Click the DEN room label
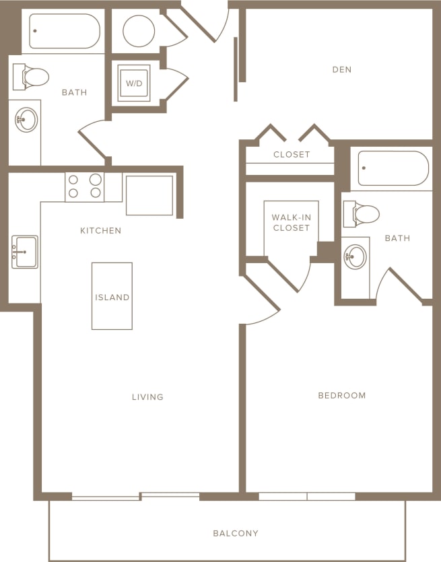click(x=342, y=69)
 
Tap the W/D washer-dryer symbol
click(x=133, y=83)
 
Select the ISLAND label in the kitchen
click(x=112, y=297)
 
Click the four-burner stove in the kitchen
click(x=84, y=186)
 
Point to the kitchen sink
click(x=26, y=252)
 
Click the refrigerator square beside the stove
click(x=149, y=195)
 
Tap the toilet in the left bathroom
click(x=31, y=77)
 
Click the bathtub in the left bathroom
click(x=65, y=32)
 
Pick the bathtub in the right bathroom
click(x=393, y=168)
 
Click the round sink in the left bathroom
click(x=26, y=120)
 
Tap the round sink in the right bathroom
click(x=355, y=256)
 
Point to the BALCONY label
click(x=236, y=533)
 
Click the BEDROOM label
click(x=342, y=395)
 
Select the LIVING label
click(x=147, y=397)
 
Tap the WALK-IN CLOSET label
click(x=291, y=223)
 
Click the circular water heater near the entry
click(x=139, y=31)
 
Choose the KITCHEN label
click(x=101, y=231)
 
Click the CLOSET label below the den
click(x=292, y=154)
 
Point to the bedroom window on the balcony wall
click(x=307, y=496)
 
